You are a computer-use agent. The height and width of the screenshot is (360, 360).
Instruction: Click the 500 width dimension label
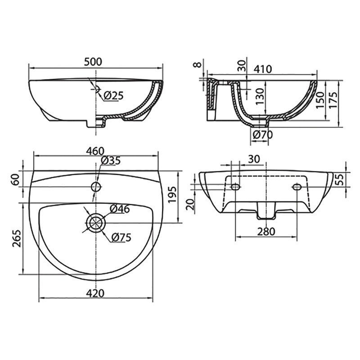pos(93,62)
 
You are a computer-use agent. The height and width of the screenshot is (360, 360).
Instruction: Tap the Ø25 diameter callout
pos(113,95)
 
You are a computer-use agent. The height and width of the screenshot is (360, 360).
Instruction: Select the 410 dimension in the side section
pos(263,69)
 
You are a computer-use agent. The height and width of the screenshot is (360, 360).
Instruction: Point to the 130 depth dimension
pos(261,96)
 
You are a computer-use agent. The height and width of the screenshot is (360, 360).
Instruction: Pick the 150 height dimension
pos(319,100)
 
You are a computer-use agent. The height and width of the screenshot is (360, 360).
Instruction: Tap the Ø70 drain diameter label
pos(263,135)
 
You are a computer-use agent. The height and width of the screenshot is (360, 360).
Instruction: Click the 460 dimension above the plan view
pos(95,151)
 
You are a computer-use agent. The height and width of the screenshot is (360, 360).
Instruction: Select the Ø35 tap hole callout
pos(111,161)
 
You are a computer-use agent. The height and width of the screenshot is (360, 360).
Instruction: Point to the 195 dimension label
pos(173,195)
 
